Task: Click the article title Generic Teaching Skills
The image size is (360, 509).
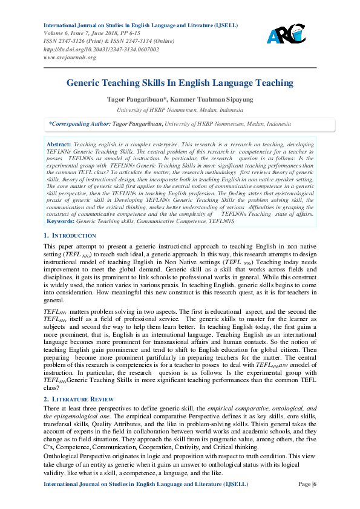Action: point(180,83)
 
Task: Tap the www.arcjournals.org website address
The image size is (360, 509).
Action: point(70,57)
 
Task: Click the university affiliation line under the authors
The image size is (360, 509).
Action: point(180,110)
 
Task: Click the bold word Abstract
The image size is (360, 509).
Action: point(59,146)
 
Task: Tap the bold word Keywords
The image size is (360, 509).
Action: point(60,221)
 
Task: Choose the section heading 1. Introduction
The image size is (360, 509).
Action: point(70,235)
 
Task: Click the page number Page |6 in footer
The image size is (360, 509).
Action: point(306,501)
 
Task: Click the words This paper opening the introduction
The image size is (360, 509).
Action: point(58,247)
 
